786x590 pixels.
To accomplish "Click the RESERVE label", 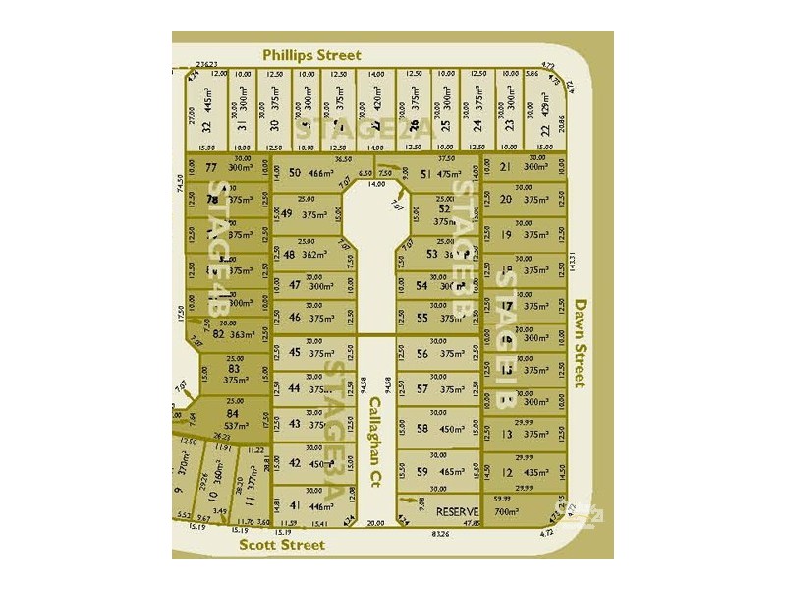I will tap(457, 512).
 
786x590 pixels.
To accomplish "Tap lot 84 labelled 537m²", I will tap(233, 420).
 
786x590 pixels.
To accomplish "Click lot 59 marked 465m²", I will tap(438, 473).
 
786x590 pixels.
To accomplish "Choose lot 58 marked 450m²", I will tap(438, 429).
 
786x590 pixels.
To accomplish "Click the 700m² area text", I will tap(506, 512).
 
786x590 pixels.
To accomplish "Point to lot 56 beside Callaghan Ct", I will tap(438, 354).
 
